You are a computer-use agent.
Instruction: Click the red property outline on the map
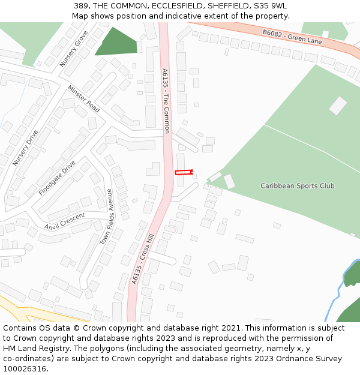[x=184, y=172]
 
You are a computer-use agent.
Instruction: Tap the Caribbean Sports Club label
[x=298, y=186]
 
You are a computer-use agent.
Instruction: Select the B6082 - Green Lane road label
[x=292, y=37]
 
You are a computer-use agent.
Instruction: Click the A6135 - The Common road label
[x=166, y=100]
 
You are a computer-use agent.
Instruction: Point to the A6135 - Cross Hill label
[x=143, y=259]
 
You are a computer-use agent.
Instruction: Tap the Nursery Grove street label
[x=74, y=48]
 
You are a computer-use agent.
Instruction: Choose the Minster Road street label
[x=83, y=98]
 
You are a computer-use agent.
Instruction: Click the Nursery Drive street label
[x=25, y=148]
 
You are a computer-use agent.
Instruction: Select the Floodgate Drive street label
[x=57, y=178]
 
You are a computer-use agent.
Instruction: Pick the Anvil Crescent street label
[x=65, y=220]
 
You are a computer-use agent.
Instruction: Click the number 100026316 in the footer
[x=26, y=369]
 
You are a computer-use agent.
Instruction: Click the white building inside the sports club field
[x=338, y=106]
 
